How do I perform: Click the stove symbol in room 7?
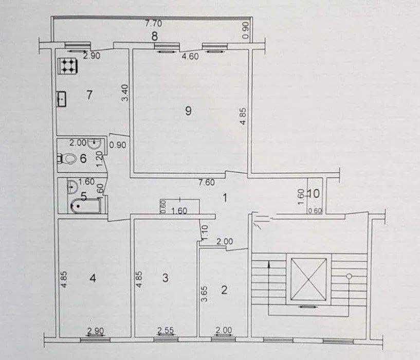click(x=68, y=66)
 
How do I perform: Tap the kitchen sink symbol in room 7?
click(x=62, y=99)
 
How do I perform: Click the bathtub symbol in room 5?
click(x=86, y=206)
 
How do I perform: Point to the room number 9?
click(x=188, y=110)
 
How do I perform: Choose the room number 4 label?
click(x=93, y=278)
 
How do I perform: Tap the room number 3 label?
click(x=165, y=278)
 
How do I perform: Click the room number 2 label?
click(x=224, y=290)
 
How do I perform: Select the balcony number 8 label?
click(x=155, y=36)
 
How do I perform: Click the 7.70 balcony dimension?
click(x=154, y=24)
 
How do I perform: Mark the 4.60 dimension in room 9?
click(x=190, y=56)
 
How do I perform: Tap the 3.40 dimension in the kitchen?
click(x=125, y=93)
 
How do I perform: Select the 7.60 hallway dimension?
click(x=207, y=182)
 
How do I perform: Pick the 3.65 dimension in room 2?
click(x=204, y=294)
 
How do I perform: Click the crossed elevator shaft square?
click(x=308, y=279)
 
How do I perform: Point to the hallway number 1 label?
click(x=225, y=198)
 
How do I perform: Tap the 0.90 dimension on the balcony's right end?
click(x=246, y=30)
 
